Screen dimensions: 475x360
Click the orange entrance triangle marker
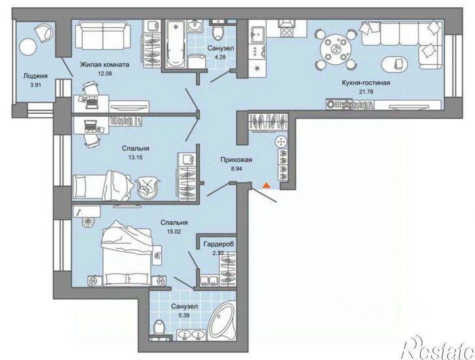pos(266,186)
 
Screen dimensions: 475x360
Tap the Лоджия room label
pos(35,76)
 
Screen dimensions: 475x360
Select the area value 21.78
pos(366,91)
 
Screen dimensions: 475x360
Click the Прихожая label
pos(237,160)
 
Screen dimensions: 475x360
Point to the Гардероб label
pos(219,244)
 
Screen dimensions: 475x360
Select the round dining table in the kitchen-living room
pos(335,48)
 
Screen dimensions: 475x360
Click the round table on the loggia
pos(28,46)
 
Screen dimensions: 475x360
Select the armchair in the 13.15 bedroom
pos(147,188)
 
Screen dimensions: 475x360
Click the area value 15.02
pos(174,232)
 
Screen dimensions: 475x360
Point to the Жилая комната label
pos(105,64)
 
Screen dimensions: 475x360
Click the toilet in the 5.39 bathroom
pos(159,330)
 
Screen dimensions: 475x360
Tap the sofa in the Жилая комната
pos(102,37)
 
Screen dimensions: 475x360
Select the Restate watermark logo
pos(438,348)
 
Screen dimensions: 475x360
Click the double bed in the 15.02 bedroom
pos(126,253)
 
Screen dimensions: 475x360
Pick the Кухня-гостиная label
pos(366,82)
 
